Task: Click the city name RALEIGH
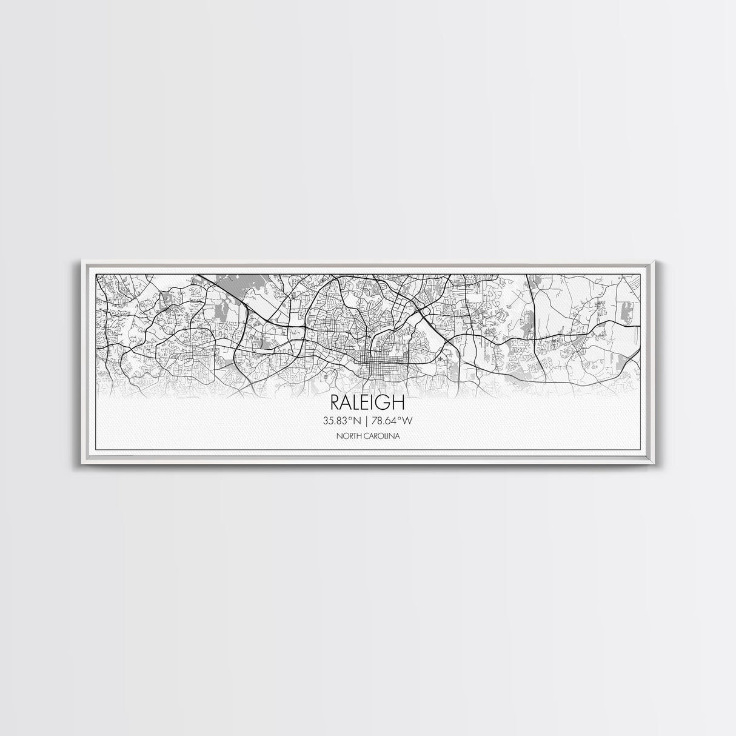(367, 403)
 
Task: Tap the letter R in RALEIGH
(335, 403)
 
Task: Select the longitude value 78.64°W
(396, 420)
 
